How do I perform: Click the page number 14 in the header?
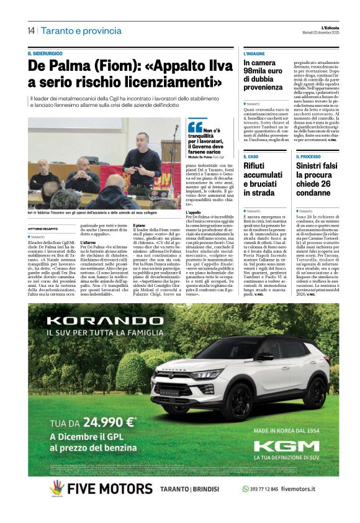(x=31, y=30)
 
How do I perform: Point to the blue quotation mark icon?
(x=196, y=127)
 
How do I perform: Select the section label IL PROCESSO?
(x=308, y=157)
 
